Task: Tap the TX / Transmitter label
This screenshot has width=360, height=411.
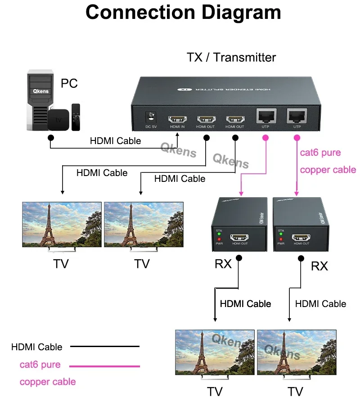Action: (x=231, y=58)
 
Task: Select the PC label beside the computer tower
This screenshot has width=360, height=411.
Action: (x=69, y=83)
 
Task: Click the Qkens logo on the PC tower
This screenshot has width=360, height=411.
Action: (x=40, y=90)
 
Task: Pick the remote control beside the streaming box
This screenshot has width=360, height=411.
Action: (x=76, y=117)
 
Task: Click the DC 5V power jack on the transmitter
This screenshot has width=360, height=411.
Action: (x=150, y=118)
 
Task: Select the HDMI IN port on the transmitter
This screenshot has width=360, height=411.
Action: (x=178, y=120)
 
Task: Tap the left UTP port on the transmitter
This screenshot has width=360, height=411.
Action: (x=265, y=117)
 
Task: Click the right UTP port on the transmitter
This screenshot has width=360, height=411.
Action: (x=297, y=117)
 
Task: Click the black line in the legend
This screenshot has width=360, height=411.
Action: (x=104, y=347)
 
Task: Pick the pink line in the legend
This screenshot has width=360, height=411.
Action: (x=104, y=366)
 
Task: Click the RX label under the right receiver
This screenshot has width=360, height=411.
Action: (x=319, y=266)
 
